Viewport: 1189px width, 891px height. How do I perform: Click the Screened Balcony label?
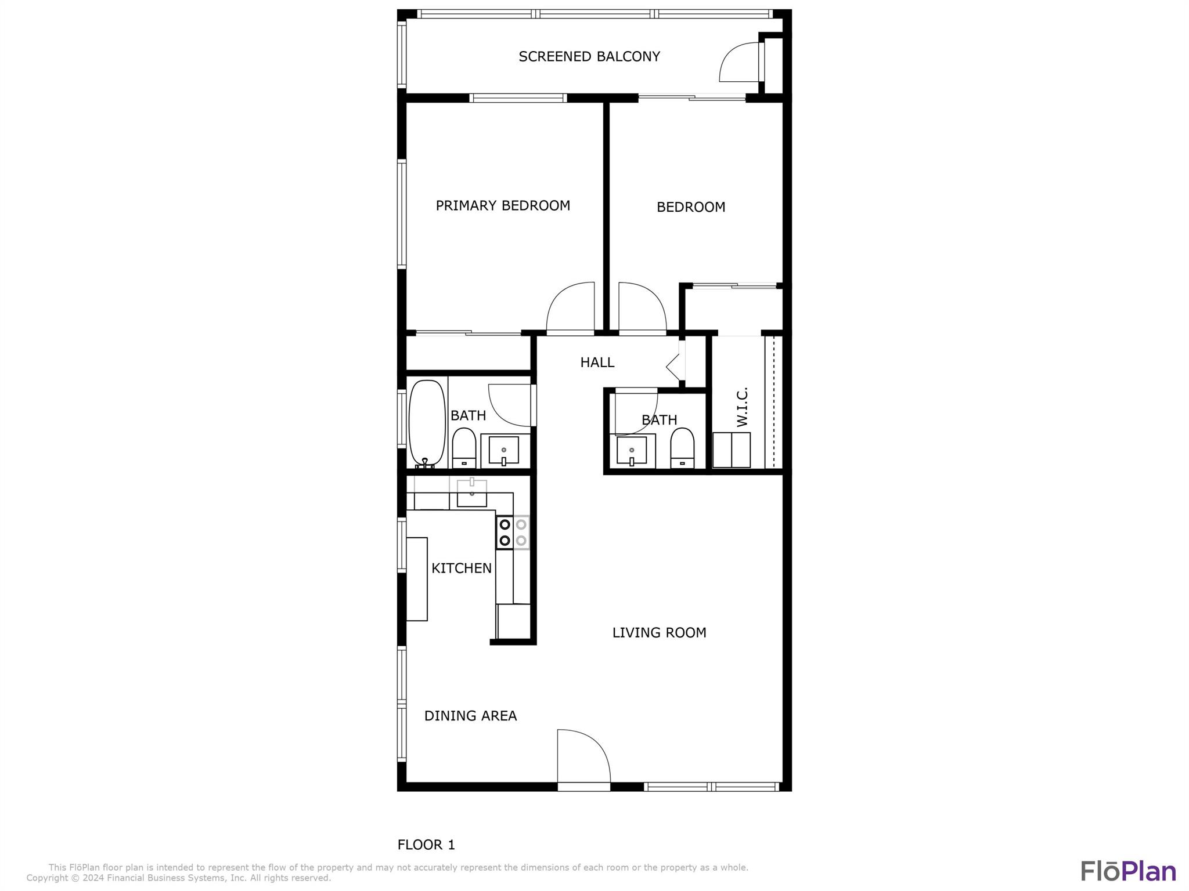(589, 57)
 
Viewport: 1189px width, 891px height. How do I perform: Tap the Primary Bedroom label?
(503, 206)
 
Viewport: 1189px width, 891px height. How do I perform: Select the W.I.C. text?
(743, 407)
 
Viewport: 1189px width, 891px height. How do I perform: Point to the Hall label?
(597, 363)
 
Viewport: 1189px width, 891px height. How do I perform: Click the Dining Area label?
(470, 716)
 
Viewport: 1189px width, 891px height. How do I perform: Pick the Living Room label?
(659, 633)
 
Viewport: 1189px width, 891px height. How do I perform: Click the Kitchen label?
(461, 568)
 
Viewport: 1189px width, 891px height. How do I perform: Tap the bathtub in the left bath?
(427, 423)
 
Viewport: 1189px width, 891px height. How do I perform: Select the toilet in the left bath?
(464, 447)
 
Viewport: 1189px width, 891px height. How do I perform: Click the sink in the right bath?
(632, 451)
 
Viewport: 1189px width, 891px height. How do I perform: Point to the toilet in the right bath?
(682, 447)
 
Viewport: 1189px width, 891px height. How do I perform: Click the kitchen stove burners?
(513, 533)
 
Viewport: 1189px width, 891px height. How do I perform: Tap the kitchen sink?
(471, 493)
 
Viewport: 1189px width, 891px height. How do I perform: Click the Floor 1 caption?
(426, 845)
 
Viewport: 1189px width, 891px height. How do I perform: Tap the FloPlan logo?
(1128, 871)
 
